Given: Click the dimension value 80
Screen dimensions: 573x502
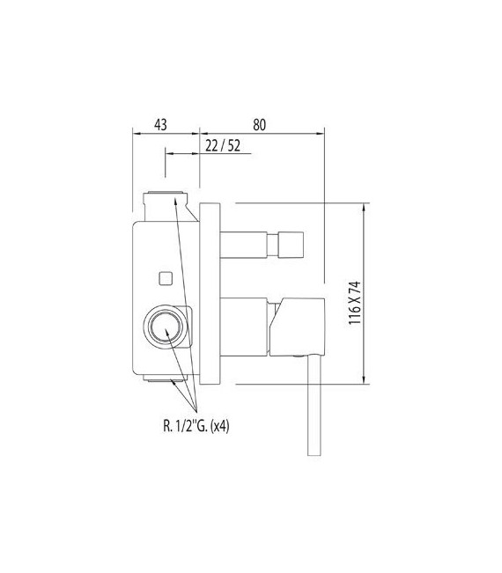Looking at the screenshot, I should [x=259, y=124].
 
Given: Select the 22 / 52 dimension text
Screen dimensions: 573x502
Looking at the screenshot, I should [x=223, y=145].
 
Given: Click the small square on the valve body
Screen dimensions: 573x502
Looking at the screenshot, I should [x=163, y=279].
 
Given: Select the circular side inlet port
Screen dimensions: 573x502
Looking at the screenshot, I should [x=166, y=328].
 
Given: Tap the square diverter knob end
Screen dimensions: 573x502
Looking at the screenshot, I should [x=292, y=243].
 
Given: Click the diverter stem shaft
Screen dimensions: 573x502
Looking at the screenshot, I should [x=251, y=243].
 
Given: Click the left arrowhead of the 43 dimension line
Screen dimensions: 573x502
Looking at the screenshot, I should [x=136, y=134].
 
